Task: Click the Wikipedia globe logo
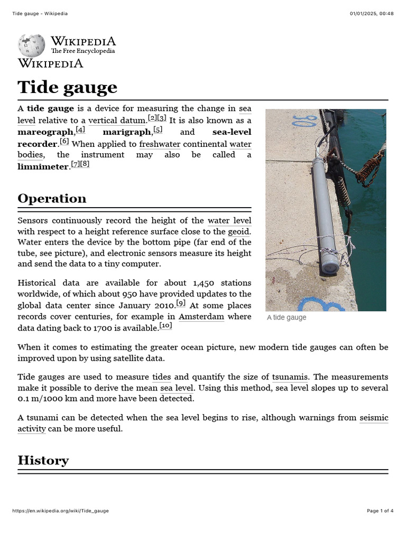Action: [x=31, y=45]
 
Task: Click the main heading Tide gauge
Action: [x=67, y=87]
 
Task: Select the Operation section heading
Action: [x=52, y=199]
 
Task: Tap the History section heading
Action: [x=43, y=460]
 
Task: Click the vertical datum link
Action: [x=117, y=120]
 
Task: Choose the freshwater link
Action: [x=160, y=144]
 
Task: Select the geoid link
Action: [x=239, y=231]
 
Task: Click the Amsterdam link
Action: [x=201, y=317]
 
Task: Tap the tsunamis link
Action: [x=290, y=377]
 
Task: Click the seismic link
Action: [x=373, y=418]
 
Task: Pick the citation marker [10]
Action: [x=166, y=327]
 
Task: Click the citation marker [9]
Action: [x=181, y=303]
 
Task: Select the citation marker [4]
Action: [x=80, y=130]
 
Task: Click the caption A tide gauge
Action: [x=287, y=318]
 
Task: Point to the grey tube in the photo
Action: [x=323, y=211]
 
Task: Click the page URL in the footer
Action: [x=60, y=511]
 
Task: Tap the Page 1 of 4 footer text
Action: [x=380, y=511]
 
